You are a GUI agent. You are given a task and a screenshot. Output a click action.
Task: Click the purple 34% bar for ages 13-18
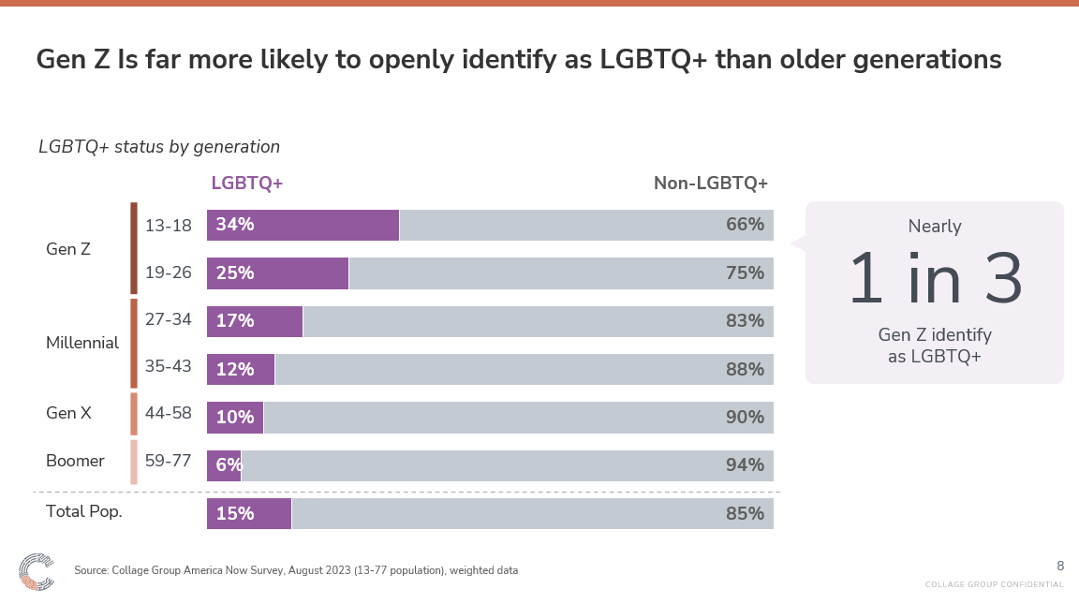pyautogui.click(x=303, y=225)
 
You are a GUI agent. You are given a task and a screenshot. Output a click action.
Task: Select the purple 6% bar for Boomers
pyautogui.click(x=224, y=465)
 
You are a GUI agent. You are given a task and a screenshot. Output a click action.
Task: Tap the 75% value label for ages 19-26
pyautogui.click(x=745, y=273)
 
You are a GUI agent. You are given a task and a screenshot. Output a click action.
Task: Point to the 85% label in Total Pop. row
pyautogui.click(x=745, y=514)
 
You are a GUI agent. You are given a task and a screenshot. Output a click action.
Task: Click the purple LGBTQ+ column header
pyautogui.click(x=247, y=184)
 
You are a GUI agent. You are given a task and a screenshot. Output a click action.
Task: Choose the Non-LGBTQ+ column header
pyautogui.click(x=710, y=184)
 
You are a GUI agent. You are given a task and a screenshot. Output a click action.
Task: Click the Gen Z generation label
pyautogui.click(x=68, y=249)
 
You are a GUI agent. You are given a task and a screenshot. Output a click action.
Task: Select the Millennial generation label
pyautogui.click(x=82, y=343)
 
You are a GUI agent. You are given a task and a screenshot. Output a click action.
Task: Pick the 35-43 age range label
pyautogui.click(x=169, y=366)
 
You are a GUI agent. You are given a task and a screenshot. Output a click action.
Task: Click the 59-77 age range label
pyautogui.click(x=169, y=461)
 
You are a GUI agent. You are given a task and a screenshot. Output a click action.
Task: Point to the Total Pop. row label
pyautogui.click(x=84, y=512)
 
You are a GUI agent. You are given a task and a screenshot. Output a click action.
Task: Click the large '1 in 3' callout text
pyautogui.click(x=935, y=280)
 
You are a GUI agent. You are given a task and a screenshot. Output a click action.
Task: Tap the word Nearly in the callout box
pyautogui.click(x=935, y=227)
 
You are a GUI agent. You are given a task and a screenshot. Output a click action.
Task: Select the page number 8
pyautogui.click(x=1060, y=566)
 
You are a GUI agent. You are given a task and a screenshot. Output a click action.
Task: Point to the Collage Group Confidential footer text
pyautogui.click(x=994, y=585)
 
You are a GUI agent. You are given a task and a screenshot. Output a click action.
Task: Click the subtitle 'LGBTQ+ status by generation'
pyautogui.click(x=159, y=147)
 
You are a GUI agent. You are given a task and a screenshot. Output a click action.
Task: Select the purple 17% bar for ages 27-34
pyautogui.click(x=255, y=321)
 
